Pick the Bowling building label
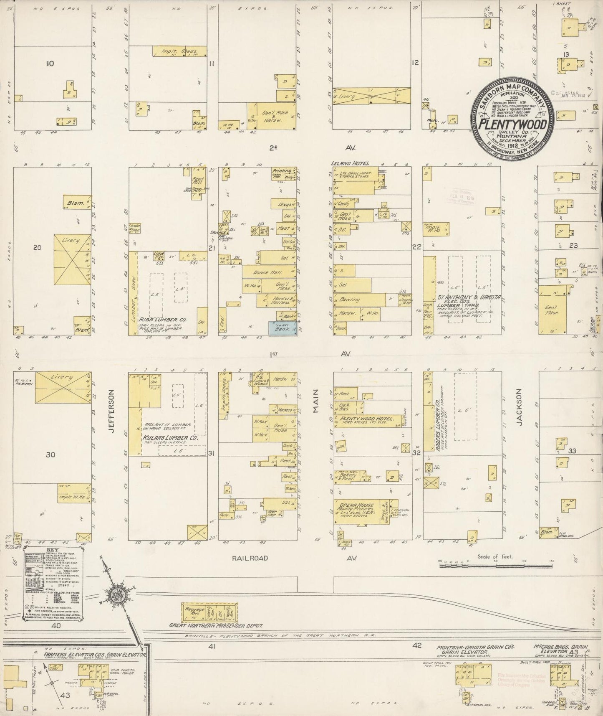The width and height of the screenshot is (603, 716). [350, 300]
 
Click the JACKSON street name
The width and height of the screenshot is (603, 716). [519, 407]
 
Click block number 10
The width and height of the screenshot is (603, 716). [50, 64]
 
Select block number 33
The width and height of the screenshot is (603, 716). [572, 451]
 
